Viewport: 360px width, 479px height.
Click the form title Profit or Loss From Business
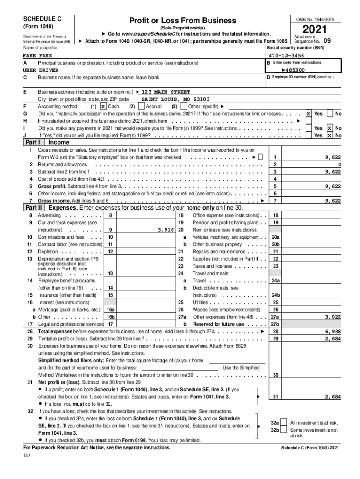pos(183,21)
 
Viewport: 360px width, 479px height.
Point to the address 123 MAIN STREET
pos(166,92)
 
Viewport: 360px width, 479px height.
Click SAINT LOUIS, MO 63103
pos(175,99)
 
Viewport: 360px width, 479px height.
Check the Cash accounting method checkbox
pos(103,106)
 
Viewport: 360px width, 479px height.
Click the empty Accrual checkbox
pos(141,106)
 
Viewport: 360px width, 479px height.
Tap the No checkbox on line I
pos(330,128)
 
